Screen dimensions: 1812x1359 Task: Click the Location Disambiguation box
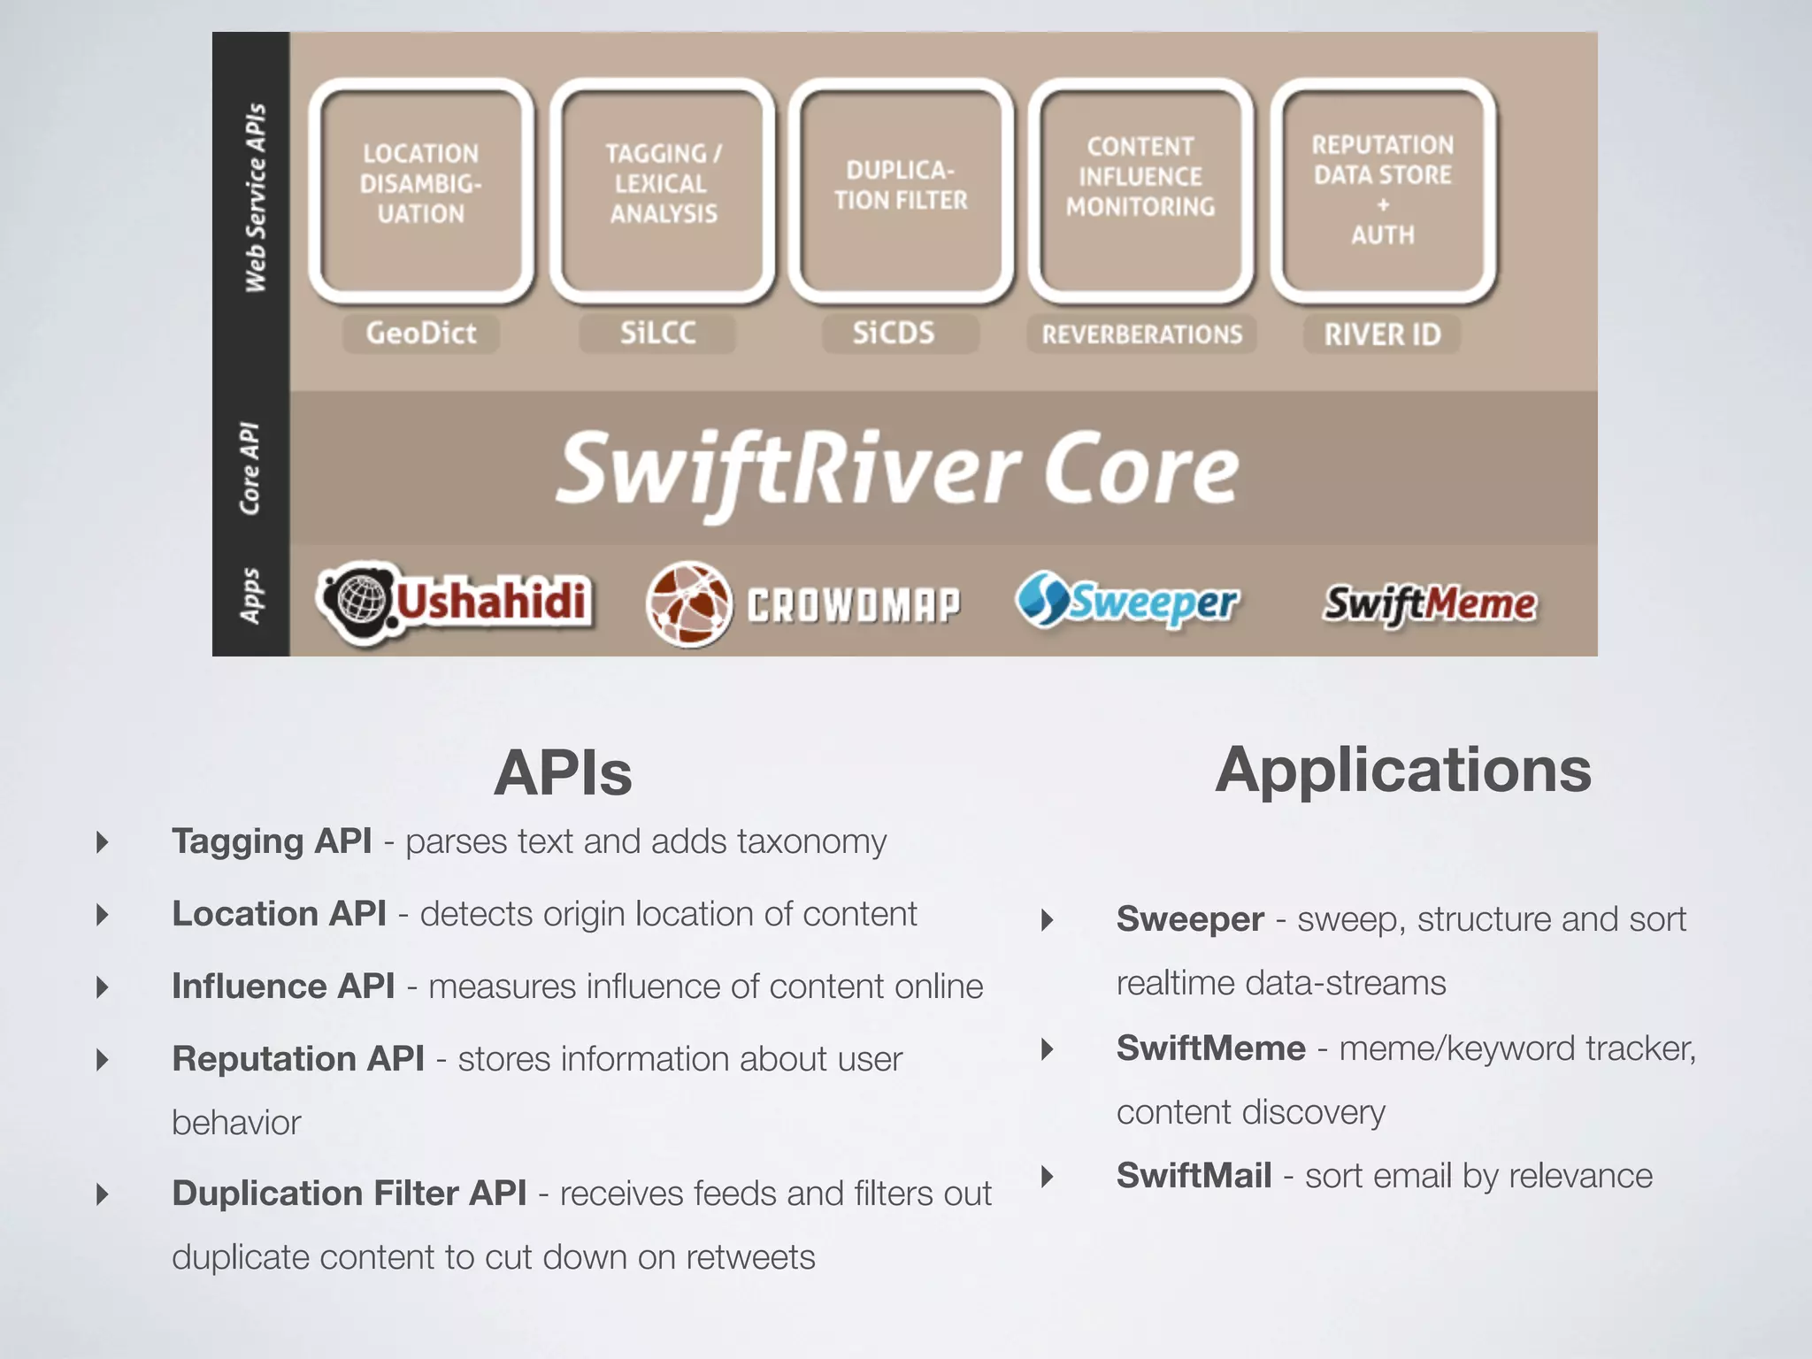pyautogui.click(x=421, y=190)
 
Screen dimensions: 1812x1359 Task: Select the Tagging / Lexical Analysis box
pyautogui.click(x=663, y=190)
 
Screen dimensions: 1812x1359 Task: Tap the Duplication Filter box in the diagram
pyautogui.click(x=901, y=190)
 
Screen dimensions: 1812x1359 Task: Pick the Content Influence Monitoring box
pyautogui.click(x=1140, y=190)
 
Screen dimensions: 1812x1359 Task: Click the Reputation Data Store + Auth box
pyautogui.click(x=1383, y=190)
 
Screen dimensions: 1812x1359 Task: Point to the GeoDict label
pyautogui.click(x=421, y=334)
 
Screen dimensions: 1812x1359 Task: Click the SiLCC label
pyautogui.click(x=657, y=334)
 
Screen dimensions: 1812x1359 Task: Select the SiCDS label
pyautogui.click(x=894, y=334)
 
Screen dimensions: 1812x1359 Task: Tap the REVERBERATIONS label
pyautogui.click(x=1141, y=334)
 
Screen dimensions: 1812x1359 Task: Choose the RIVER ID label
pyautogui.click(x=1382, y=334)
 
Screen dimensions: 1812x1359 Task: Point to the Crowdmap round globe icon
pyautogui.click(x=689, y=603)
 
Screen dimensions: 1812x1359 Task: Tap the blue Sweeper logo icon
pyautogui.click(x=1041, y=599)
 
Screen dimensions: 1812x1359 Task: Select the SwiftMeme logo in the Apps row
pyautogui.click(x=1430, y=603)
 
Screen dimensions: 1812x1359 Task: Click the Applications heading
pyautogui.click(x=1403, y=770)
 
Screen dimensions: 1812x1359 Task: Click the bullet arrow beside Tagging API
pyautogui.click(x=103, y=841)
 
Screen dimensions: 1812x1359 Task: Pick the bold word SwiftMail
pyautogui.click(x=1194, y=1176)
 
